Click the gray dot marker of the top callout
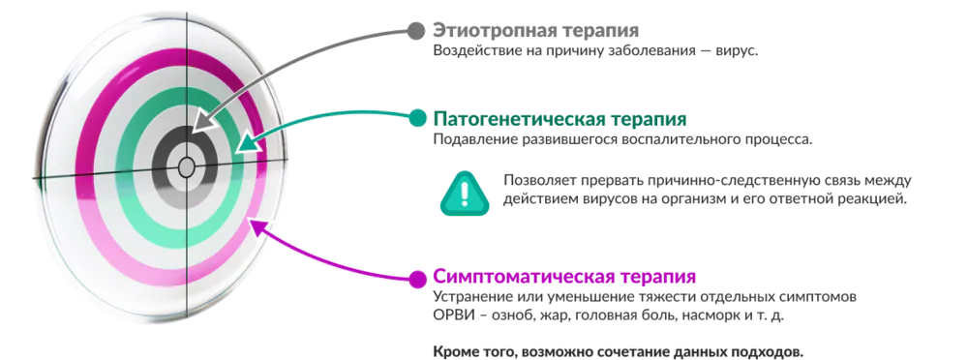pyautogui.click(x=416, y=30)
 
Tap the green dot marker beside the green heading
pyautogui.click(x=418, y=118)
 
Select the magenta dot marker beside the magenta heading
pyautogui.click(x=418, y=280)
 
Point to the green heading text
pyautogui.click(x=561, y=119)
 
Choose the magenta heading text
pyautogui.click(x=564, y=277)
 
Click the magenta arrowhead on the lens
pyautogui.click(x=254, y=226)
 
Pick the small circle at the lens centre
pyautogui.click(x=186, y=167)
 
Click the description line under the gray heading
pyautogui.click(x=590, y=54)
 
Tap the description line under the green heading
pyautogui.click(x=620, y=141)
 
